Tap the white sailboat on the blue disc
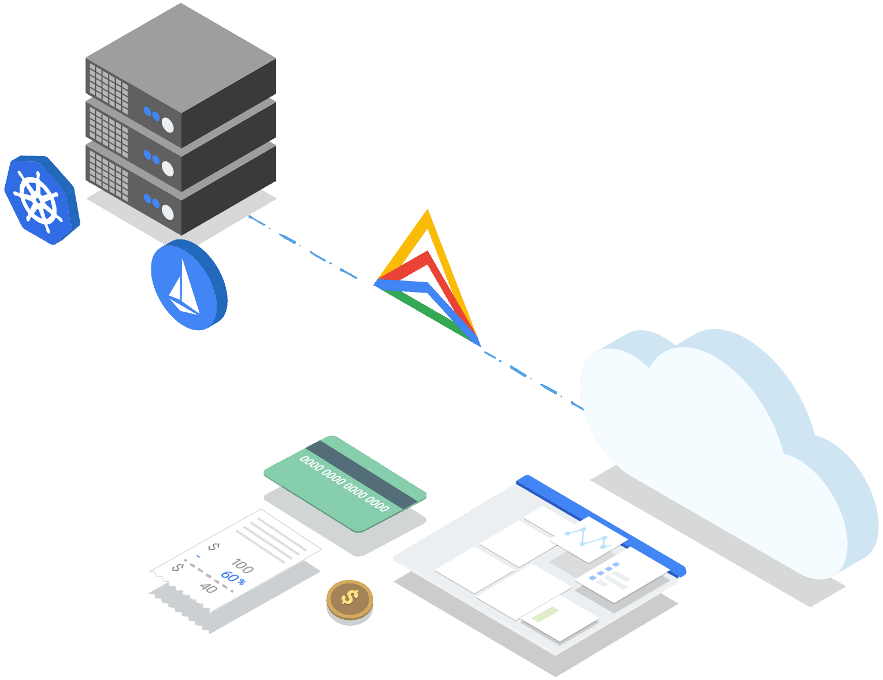click(184, 289)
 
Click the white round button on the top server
click(168, 124)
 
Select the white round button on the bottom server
click(168, 212)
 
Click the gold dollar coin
click(349, 600)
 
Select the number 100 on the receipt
click(242, 566)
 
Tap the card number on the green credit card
click(344, 483)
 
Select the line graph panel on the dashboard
click(589, 538)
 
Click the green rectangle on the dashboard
click(546, 613)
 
